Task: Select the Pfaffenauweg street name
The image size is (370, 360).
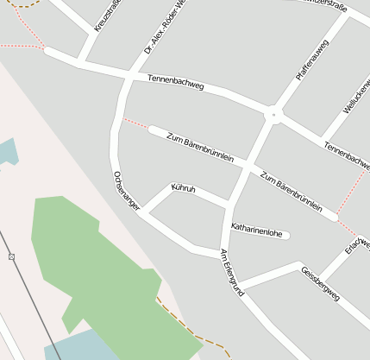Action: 312,60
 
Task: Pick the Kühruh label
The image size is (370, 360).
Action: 184,188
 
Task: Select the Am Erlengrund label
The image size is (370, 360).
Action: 233,273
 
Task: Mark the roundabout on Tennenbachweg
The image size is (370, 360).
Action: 273,112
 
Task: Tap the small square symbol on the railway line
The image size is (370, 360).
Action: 11,256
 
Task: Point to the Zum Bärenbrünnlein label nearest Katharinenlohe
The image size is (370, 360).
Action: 291,191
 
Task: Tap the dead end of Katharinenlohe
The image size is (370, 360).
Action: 287,234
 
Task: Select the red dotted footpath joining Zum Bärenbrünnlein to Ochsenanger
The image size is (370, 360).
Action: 135,123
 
